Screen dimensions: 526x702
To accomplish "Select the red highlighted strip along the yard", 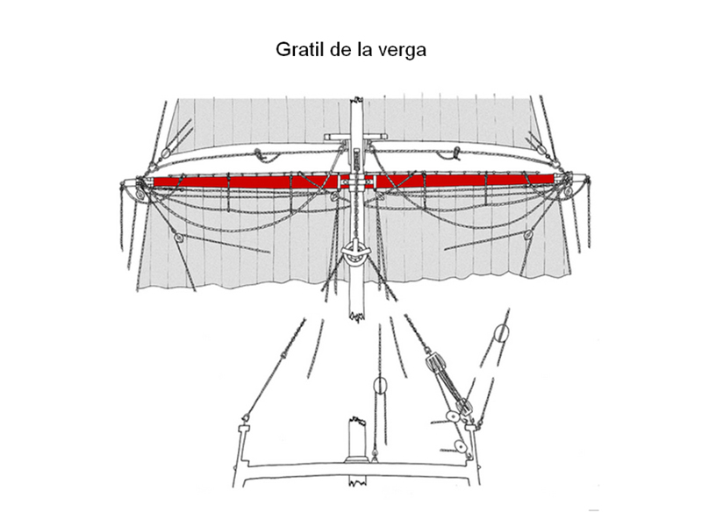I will [x=246, y=181].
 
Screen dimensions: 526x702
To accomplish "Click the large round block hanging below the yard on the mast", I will [x=355, y=255].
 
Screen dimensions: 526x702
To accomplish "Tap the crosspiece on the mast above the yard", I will [x=355, y=137].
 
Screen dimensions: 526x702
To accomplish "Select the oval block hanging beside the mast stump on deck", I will [x=380, y=386].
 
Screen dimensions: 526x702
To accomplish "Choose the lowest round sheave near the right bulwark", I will [x=459, y=447].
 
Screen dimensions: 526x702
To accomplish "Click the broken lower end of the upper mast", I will [x=355, y=311].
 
